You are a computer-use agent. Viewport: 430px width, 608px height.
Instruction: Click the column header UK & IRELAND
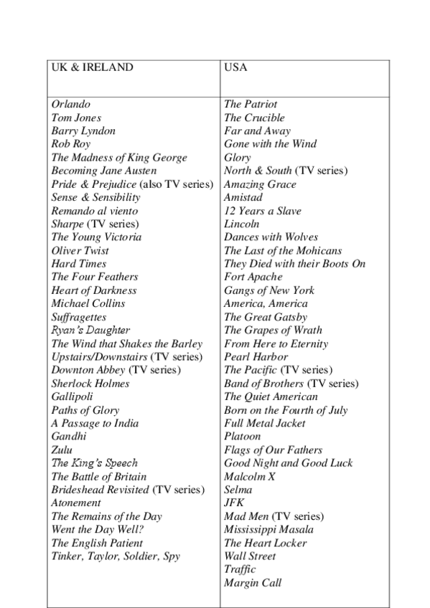tap(92, 67)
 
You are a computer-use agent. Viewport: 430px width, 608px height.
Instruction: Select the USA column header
tap(235, 67)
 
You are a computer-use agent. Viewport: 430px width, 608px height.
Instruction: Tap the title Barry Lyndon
tap(83, 131)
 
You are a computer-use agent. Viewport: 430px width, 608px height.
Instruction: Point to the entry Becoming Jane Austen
tap(103, 171)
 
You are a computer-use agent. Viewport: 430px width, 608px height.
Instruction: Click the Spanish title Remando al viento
tap(95, 211)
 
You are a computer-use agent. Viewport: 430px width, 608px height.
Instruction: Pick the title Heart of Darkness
tap(93, 290)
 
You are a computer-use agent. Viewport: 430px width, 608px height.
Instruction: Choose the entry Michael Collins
tap(88, 303)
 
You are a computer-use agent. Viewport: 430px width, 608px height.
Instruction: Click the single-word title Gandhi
tap(69, 436)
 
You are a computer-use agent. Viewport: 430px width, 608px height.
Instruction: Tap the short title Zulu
tap(62, 450)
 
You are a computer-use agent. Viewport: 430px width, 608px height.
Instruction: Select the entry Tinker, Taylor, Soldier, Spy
tap(116, 556)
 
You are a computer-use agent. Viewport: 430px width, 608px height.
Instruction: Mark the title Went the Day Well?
tap(98, 529)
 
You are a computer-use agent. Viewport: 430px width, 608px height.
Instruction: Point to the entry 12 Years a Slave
tap(262, 211)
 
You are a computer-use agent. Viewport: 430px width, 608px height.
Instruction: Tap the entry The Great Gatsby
tap(266, 317)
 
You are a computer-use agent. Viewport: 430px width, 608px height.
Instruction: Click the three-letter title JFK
tap(235, 503)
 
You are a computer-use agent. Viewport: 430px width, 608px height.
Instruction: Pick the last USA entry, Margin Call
tap(253, 582)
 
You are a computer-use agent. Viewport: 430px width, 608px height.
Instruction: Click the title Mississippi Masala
tap(268, 529)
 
